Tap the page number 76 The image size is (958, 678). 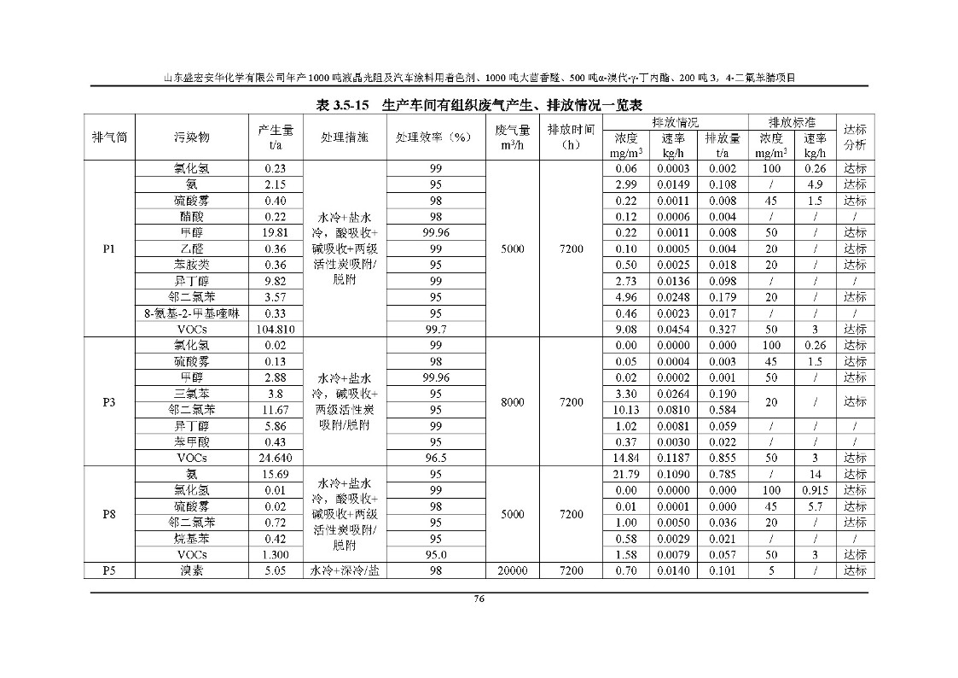click(479, 598)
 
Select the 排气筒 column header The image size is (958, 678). click(109, 137)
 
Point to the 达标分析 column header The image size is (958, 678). click(855, 137)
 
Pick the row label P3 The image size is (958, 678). click(109, 401)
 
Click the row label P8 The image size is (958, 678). click(109, 514)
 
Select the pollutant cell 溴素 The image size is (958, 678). click(192, 570)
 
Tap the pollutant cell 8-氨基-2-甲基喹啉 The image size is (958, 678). click(192, 313)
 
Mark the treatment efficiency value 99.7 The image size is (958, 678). click(435, 330)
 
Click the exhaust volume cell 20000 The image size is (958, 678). click(512, 570)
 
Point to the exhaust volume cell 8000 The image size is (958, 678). click(512, 401)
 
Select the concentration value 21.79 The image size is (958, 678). click(626, 474)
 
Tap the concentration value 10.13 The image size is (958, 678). click(626, 410)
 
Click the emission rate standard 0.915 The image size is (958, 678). click(815, 490)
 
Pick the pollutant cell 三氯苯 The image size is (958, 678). click(192, 394)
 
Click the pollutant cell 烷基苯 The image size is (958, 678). click(192, 539)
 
